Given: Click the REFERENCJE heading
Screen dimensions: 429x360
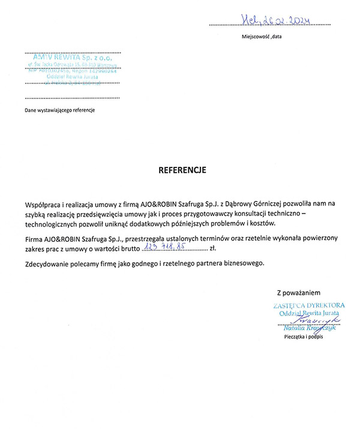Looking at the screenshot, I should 182,170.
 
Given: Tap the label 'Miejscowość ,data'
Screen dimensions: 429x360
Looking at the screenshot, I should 262,37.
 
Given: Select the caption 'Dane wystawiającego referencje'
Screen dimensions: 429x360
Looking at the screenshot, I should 59,110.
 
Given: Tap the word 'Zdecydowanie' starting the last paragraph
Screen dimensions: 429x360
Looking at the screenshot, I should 49,263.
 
